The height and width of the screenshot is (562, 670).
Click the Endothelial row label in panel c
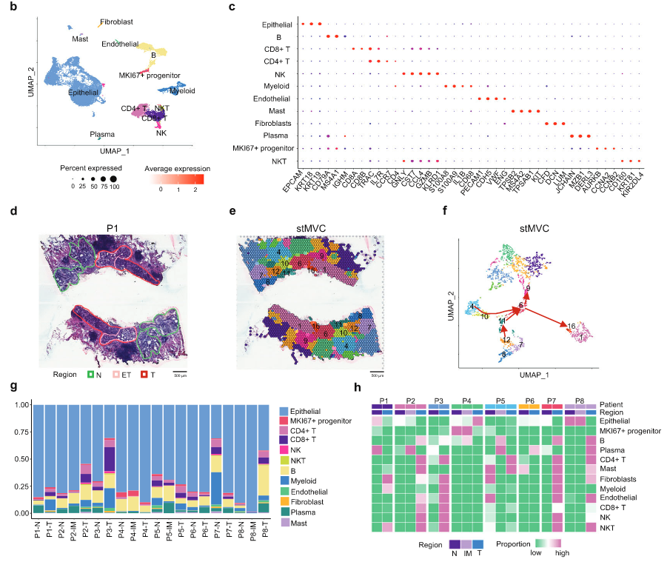coord(270,98)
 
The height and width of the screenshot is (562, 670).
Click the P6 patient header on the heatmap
coord(529,399)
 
